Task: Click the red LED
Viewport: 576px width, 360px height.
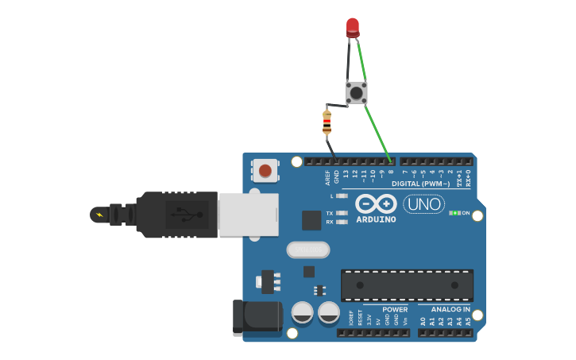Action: (353, 27)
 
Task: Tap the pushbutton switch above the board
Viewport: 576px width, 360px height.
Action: (356, 92)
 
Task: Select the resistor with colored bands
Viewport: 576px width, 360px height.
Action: (327, 122)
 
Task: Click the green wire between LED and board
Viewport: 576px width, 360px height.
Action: (374, 120)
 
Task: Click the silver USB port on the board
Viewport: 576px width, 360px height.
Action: (248, 214)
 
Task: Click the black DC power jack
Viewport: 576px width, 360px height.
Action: (257, 317)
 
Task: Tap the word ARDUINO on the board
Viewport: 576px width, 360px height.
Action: (376, 219)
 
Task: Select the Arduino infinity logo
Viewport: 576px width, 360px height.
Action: (376, 203)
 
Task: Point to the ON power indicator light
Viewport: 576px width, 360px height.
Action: (454, 213)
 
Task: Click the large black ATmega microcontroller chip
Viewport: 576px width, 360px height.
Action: (407, 285)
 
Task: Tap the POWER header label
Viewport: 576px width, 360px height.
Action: (395, 309)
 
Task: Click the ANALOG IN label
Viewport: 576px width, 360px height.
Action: (450, 309)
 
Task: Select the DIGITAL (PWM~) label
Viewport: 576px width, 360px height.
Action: (431, 184)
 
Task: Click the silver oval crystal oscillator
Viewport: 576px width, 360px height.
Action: (308, 250)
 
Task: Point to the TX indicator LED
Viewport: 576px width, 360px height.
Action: (342, 213)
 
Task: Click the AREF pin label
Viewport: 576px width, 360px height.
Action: (327, 176)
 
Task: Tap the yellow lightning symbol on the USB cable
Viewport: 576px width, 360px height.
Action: (99, 215)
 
